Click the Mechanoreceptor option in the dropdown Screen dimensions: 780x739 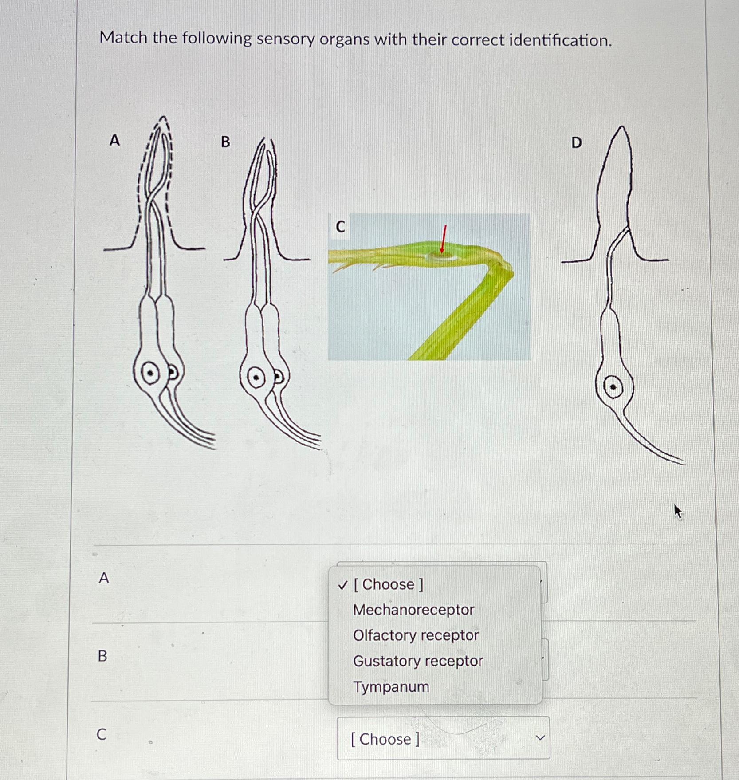[x=413, y=610]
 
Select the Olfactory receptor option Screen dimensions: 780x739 [x=416, y=635]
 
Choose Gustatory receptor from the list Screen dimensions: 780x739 [x=418, y=661]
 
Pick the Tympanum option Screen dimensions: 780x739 [x=391, y=687]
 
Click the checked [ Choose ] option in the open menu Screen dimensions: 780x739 [x=388, y=584]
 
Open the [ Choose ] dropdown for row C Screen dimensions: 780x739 [x=443, y=739]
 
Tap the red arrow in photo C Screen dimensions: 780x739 [x=443, y=240]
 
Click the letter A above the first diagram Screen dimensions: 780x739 [x=114, y=140]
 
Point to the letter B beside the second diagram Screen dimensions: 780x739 [x=225, y=142]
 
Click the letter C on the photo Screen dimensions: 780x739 [x=340, y=227]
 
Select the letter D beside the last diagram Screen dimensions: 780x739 [x=576, y=142]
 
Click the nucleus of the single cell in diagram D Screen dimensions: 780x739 [x=613, y=387]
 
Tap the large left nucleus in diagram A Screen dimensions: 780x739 [x=151, y=373]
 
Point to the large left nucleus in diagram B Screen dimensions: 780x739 [x=256, y=378]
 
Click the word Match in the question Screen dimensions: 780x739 [x=123, y=38]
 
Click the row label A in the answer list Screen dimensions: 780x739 [x=104, y=578]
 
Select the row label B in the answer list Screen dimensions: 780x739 [x=102, y=655]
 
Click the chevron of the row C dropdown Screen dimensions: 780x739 [x=540, y=738]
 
